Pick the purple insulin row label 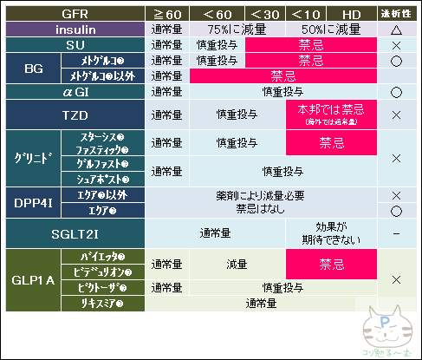tap(75, 29)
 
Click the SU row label tap(75, 44)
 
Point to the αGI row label tap(75, 91)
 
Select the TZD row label tap(75, 115)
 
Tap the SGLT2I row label tap(75, 232)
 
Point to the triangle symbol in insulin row tap(395, 29)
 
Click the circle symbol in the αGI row tap(395, 91)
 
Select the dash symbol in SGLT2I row tap(395, 232)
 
